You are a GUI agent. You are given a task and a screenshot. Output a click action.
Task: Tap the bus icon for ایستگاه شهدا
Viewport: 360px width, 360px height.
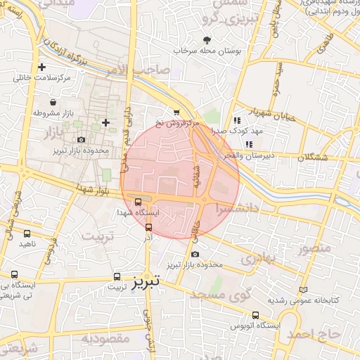(137, 201)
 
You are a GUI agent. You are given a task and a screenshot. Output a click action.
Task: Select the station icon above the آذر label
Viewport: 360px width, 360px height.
(148, 226)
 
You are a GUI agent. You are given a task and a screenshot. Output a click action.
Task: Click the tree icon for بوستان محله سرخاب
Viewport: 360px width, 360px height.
(207, 40)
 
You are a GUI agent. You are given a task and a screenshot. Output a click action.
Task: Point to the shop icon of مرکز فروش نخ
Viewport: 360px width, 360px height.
(176, 111)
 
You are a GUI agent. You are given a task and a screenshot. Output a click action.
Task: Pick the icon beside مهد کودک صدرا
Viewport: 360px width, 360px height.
(236, 120)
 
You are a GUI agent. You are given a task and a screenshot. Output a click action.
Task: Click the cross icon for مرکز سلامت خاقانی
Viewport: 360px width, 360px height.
(42, 67)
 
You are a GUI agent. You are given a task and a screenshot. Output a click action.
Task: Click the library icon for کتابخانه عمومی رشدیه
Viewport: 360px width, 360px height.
(303, 289)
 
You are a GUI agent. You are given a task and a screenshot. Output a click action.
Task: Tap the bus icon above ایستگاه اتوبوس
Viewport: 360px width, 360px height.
(255, 316)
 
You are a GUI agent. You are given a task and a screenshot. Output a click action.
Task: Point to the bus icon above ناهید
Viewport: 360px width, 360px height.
(27, 233)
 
